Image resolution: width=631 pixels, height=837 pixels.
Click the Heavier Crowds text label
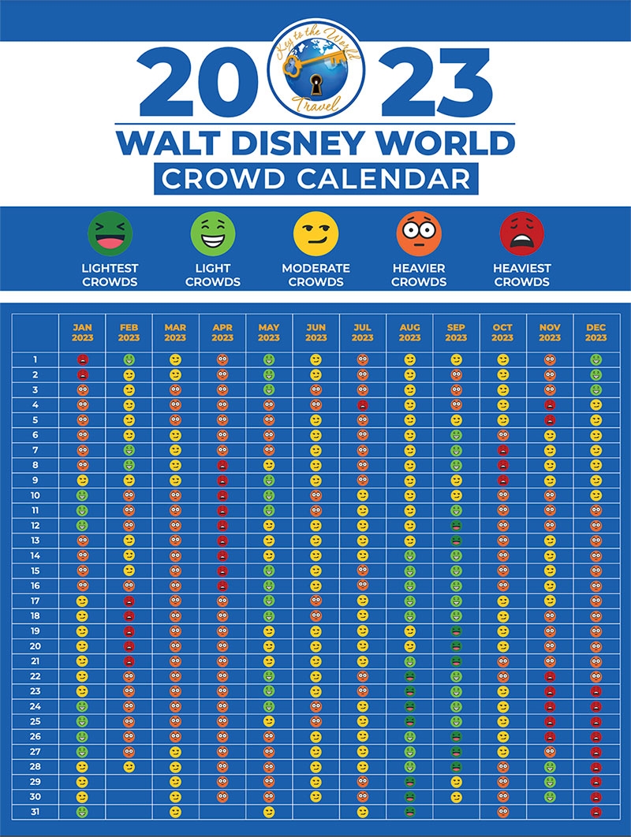(419, 275)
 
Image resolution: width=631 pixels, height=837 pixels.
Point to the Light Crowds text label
(213, 275)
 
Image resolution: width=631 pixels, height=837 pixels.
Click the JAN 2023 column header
(82, 333)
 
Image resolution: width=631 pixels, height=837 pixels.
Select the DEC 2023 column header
(596, 333)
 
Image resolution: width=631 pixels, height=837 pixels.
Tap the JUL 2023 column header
(362, 333)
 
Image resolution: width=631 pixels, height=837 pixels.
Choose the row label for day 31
(35, 811)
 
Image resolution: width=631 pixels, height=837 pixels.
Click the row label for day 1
(35, 359)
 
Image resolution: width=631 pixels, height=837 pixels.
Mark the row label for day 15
(35, 570)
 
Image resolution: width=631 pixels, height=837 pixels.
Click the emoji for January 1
(82, 359)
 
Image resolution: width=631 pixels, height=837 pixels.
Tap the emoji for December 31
(596, 811)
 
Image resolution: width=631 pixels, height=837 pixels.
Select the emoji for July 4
(362, 404)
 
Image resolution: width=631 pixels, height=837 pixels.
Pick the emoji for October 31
(502, 811)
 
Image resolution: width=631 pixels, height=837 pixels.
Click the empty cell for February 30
(129, 796)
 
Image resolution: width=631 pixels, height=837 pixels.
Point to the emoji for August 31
(409, 811)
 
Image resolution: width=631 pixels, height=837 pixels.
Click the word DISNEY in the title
(315, 143)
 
